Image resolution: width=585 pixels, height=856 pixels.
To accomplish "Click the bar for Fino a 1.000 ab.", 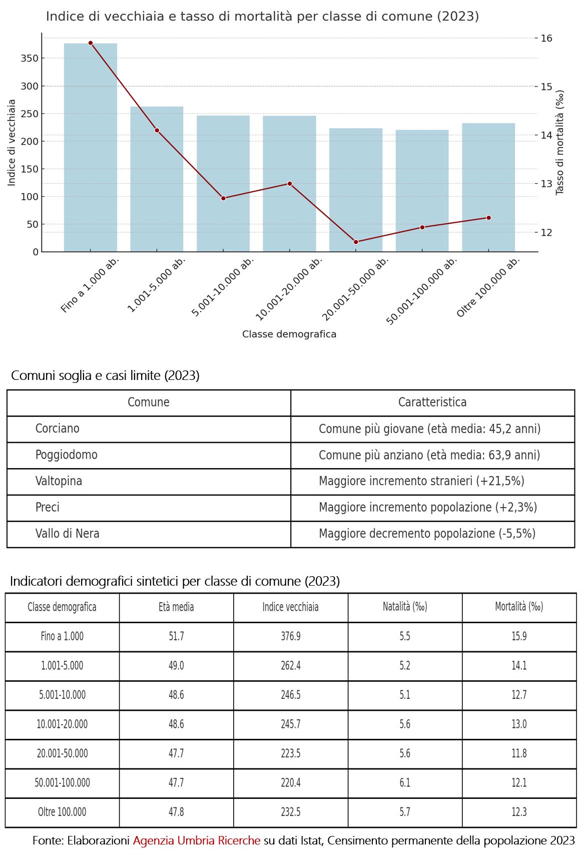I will (91, 147).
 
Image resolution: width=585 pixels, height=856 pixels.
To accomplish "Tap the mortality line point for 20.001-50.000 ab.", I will (356, 242).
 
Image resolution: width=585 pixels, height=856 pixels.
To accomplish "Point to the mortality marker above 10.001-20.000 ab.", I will (290, 184).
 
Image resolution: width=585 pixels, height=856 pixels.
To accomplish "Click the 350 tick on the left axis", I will (30, 59).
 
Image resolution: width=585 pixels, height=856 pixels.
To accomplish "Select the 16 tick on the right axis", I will (546, 38).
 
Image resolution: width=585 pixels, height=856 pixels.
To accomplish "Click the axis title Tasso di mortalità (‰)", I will (560, 143).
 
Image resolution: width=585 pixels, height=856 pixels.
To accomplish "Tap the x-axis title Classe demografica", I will (289, 334).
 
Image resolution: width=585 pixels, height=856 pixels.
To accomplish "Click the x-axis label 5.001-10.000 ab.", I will (223, 287).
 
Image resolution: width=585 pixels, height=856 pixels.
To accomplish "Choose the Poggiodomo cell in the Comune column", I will (67, 455).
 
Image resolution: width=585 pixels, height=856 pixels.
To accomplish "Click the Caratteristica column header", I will (432, 402).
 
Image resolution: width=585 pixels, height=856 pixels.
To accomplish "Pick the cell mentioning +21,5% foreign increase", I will (421, 481).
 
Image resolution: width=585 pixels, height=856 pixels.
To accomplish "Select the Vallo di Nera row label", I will (68, 534).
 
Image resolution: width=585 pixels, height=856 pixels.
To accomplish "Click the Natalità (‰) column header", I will (405, 607).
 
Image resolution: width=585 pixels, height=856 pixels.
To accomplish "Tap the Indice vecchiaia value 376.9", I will (291, 636).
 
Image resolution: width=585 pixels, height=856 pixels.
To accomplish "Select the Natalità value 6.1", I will (405, 782).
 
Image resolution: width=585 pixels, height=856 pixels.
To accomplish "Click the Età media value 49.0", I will (176, 666).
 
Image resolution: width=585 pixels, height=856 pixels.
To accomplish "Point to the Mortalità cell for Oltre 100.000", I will (519, 812).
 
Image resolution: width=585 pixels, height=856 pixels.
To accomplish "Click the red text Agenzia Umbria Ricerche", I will (197, 840).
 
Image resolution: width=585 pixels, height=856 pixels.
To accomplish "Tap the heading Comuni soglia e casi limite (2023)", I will (105, 375).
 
